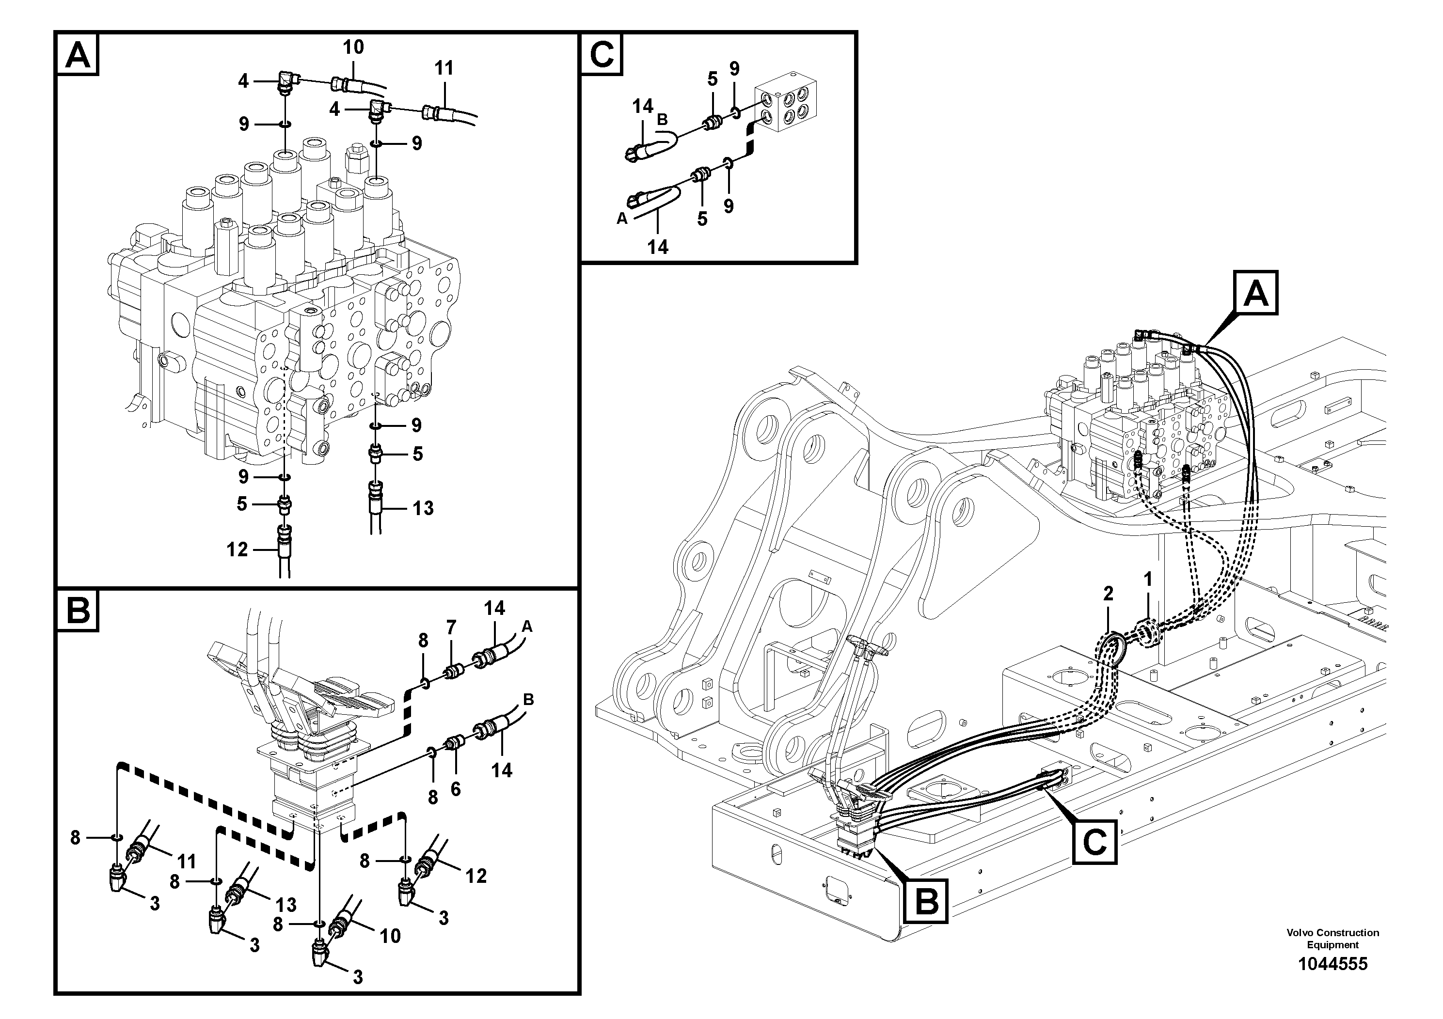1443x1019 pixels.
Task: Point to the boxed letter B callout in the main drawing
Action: pos(926,902)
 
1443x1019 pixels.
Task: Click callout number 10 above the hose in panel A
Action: pos(353,47)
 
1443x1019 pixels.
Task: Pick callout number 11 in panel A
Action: pos(444,68)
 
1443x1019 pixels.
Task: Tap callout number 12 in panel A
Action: pos(237,549)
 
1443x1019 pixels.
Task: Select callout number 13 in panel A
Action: pos(423,508)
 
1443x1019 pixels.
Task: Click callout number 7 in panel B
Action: pos(451,627)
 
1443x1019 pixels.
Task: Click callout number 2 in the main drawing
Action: pos(1108,593)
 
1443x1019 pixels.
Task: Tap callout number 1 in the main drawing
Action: pos(1148,579)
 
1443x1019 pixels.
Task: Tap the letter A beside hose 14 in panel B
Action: pos(527,627)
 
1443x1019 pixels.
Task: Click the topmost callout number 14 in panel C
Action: pos(643,106)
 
